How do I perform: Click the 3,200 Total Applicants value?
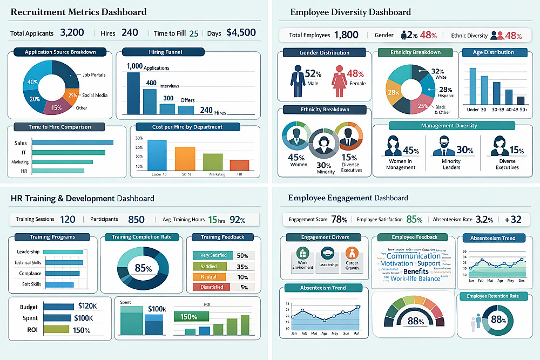[x=72, y=32]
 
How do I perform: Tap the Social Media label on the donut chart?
[x=94, y=95]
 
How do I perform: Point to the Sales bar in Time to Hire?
[x=73, y=142]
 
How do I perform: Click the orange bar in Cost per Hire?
[x=185, y=158]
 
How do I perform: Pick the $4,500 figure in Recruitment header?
[x=241, y=32]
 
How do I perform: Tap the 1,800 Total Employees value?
[x=346, y=36]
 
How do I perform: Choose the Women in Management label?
[x=400, y=164]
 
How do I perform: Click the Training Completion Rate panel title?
[x=141, y=237]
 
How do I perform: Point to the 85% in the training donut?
[x=143, y=268]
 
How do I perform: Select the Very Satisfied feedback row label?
[x=213, y=255]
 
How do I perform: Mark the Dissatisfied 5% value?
[x=244, y=287]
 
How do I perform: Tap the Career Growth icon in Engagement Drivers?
[x=352, y=253]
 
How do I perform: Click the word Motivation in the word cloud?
[x=396, y=263]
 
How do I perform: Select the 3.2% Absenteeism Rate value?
[x=484, y=220]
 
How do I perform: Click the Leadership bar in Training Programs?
[x=62, y=252]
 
